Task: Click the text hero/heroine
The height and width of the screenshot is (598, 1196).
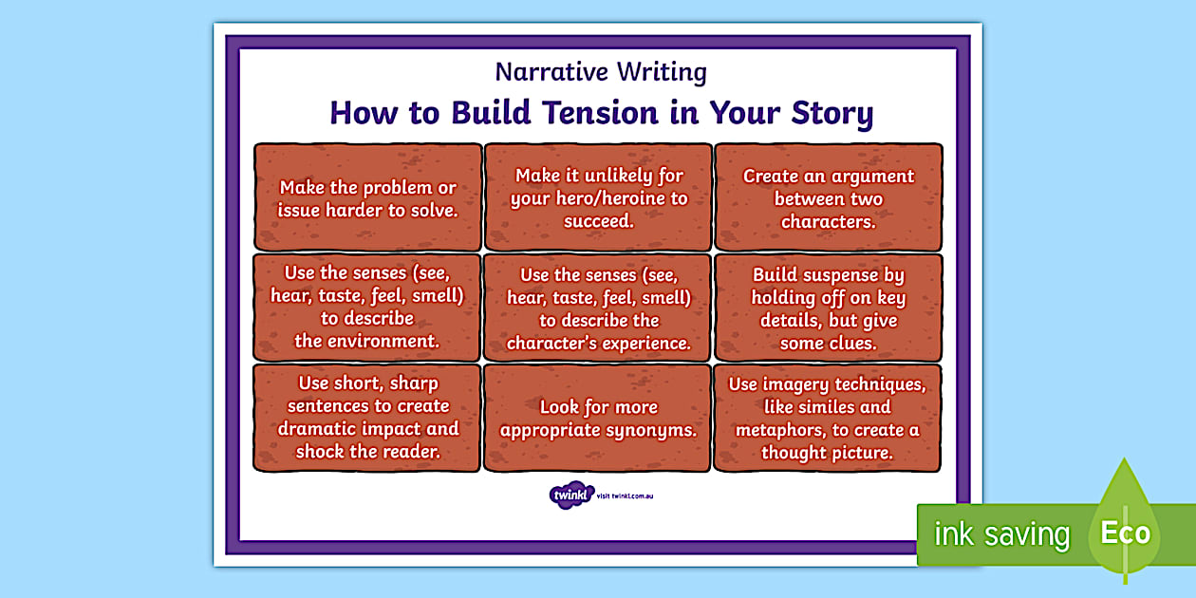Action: click(599, 198)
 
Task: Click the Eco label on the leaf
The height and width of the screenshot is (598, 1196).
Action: click(1126, 533)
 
